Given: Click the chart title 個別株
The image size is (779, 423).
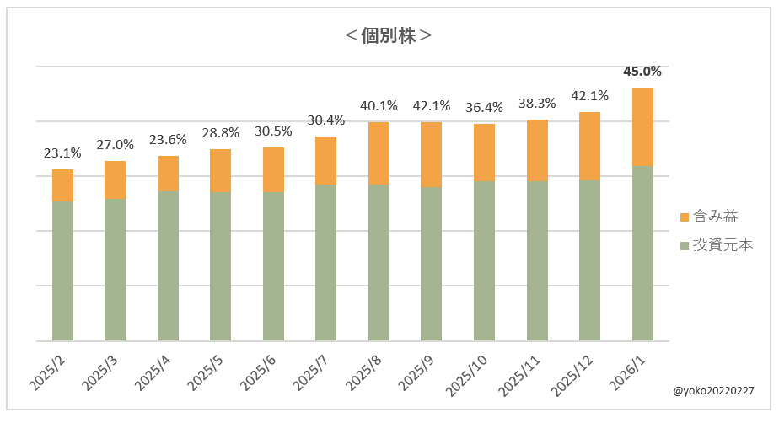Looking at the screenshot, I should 389,35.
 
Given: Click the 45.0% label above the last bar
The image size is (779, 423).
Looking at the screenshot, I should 642,72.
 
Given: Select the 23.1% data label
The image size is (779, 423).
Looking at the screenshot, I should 62,153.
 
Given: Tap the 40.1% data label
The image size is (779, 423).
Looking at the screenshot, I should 379,106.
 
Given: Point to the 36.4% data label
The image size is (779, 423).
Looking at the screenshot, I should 484,108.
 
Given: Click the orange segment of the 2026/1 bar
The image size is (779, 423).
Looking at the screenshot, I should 642,126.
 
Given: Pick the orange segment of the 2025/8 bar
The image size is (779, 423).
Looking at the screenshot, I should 379,153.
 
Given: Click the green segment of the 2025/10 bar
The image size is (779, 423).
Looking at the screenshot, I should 484,261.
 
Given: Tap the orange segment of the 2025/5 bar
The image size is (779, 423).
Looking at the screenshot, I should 221,170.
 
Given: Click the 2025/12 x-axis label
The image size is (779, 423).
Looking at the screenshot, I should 574,374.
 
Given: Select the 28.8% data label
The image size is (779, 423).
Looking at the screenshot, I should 221,133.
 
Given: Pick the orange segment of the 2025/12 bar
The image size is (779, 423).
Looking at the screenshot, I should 589,146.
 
